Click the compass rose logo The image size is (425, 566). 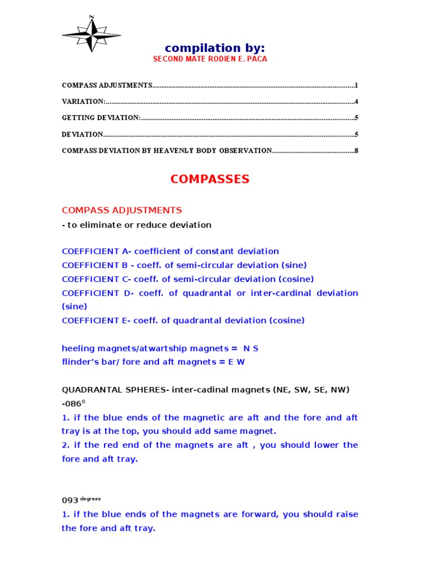click(92, 35)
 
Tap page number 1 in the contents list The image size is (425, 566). click(356, 86)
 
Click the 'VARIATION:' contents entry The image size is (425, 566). click(84, 102)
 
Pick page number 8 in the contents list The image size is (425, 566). click(356, 150)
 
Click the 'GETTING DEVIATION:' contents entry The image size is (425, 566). click(101, 118)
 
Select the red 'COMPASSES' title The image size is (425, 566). click(210, 179)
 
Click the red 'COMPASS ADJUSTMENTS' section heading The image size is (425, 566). click(122, 210)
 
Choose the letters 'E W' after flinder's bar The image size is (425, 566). click(236, 362)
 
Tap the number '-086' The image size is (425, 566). click(72, 404)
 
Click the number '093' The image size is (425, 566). click(70, 500)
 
